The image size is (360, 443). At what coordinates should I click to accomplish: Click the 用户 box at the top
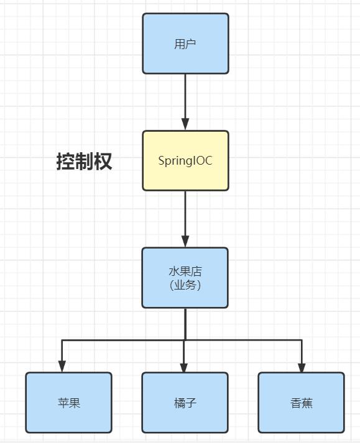(x=185, y=43)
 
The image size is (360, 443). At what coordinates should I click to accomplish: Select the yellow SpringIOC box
(x=185, y=160)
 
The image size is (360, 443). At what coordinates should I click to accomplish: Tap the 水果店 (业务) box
(x=185, y=278)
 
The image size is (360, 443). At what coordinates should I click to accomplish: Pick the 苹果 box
(x=69, y=403)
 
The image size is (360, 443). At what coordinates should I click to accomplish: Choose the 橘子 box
(x=185, y=403)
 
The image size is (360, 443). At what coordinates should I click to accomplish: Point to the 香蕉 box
(x=302, y=403)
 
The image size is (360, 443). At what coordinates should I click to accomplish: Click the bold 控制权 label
(x=85, y=162)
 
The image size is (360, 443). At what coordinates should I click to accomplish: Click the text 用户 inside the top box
(x=185, y=44)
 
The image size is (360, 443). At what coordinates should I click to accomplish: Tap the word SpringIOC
(x=185, y=161)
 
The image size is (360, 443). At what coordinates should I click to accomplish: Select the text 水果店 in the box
(x=185, y=272)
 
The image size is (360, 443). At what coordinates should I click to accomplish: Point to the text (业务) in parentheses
(x=185, y=285)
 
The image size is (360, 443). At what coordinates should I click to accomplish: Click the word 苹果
(x=69, y=403)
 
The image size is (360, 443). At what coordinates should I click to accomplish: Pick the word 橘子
(x=185, y=403)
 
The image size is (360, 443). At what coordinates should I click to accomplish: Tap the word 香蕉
(x=302, y=403)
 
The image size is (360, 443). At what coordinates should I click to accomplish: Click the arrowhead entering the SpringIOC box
(x=185, y=125)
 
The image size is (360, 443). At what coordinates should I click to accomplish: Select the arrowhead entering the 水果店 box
(x=185, y=242)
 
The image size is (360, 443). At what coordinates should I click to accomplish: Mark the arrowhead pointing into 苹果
(x=62, y=367)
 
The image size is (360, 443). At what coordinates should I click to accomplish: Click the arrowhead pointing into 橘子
(x=184, y=367)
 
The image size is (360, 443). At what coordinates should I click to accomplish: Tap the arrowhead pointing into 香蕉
(x=302, y=367)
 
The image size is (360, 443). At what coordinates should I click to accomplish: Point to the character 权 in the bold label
(x=103, y=162)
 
